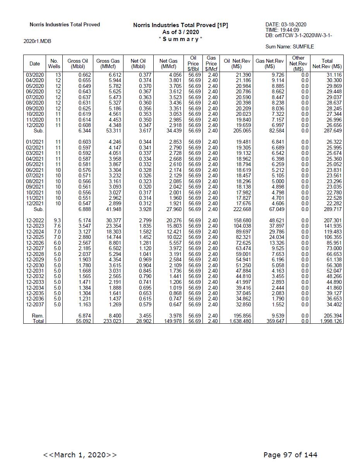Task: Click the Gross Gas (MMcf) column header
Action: click(x=108, y=64)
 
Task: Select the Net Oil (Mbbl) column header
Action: click(x=138, y=64)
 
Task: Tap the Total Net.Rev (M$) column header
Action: click(x=327, y=64)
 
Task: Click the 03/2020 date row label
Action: click(x=35, y=75)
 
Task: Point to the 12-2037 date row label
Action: click(x=35, y=305)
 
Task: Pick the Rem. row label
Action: click(x=38, y=316)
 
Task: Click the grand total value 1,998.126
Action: click(x=331, y=321)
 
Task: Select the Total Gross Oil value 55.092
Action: click(x=84, y=321)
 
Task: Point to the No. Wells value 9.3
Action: click(x=57, y=220)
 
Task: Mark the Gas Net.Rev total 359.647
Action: click(x=275, y=321)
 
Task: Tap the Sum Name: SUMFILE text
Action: click(x=290, y=47)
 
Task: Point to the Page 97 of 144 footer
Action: click(x=290, y=455)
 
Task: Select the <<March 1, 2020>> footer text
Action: click(x=80, y=455)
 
